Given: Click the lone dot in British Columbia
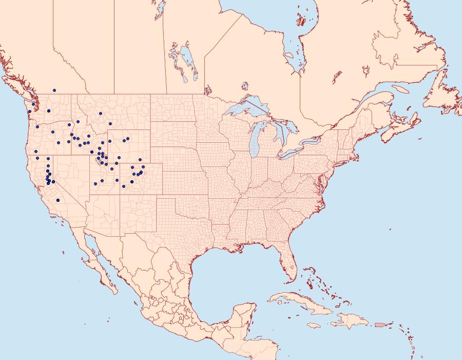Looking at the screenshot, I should [54, 90].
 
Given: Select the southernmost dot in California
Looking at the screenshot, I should [58, 200].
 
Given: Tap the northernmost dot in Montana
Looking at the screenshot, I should [101, 113].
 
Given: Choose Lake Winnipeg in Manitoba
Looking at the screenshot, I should [187, 62].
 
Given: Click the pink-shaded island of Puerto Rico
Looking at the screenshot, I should [380, 324].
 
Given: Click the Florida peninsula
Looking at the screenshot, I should [289, 262].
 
